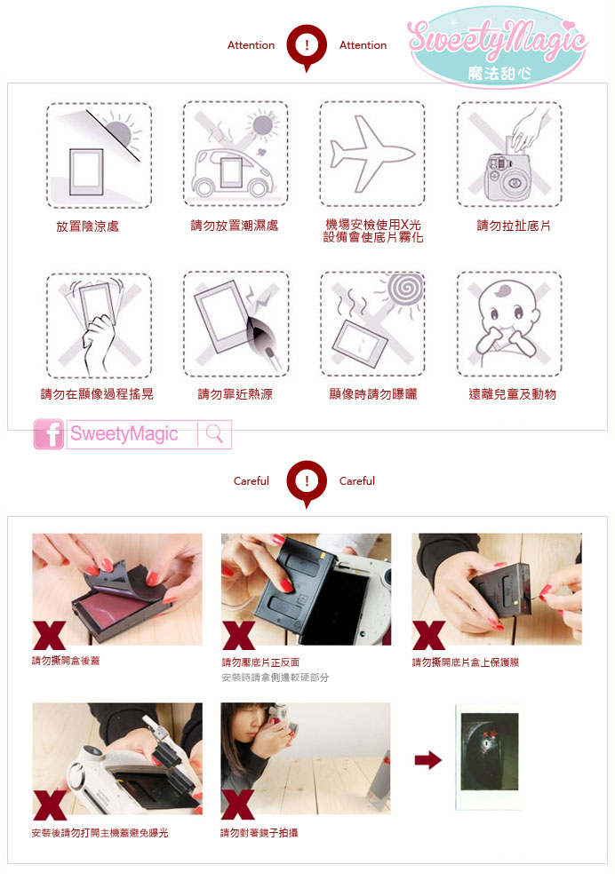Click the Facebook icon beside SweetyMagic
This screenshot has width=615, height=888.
(49, 434)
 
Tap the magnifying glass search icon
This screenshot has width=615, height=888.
(214, 434)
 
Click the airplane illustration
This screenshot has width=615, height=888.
(371, 154)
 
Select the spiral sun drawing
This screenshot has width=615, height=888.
(404, 288)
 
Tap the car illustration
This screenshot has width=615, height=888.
(232, 170)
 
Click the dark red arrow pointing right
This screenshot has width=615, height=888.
(428, 759)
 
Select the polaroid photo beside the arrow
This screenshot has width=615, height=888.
(489, 757)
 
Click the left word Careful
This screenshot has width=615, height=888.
(252, 480)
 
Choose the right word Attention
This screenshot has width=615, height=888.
(363, 44)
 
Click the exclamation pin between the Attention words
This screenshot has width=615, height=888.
(307, 48)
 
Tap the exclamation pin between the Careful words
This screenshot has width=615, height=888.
(307, 484)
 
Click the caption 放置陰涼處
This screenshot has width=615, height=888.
(87, 226)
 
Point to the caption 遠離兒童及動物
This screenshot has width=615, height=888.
(513, 394)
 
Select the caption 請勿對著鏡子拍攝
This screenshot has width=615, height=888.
(259, 833)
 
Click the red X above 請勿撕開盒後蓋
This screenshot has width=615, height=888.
(49, 634)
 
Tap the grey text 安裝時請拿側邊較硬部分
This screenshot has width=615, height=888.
(275, 678)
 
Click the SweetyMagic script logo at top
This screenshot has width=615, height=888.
(497, 46)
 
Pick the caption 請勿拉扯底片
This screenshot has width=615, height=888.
(514, 226)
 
